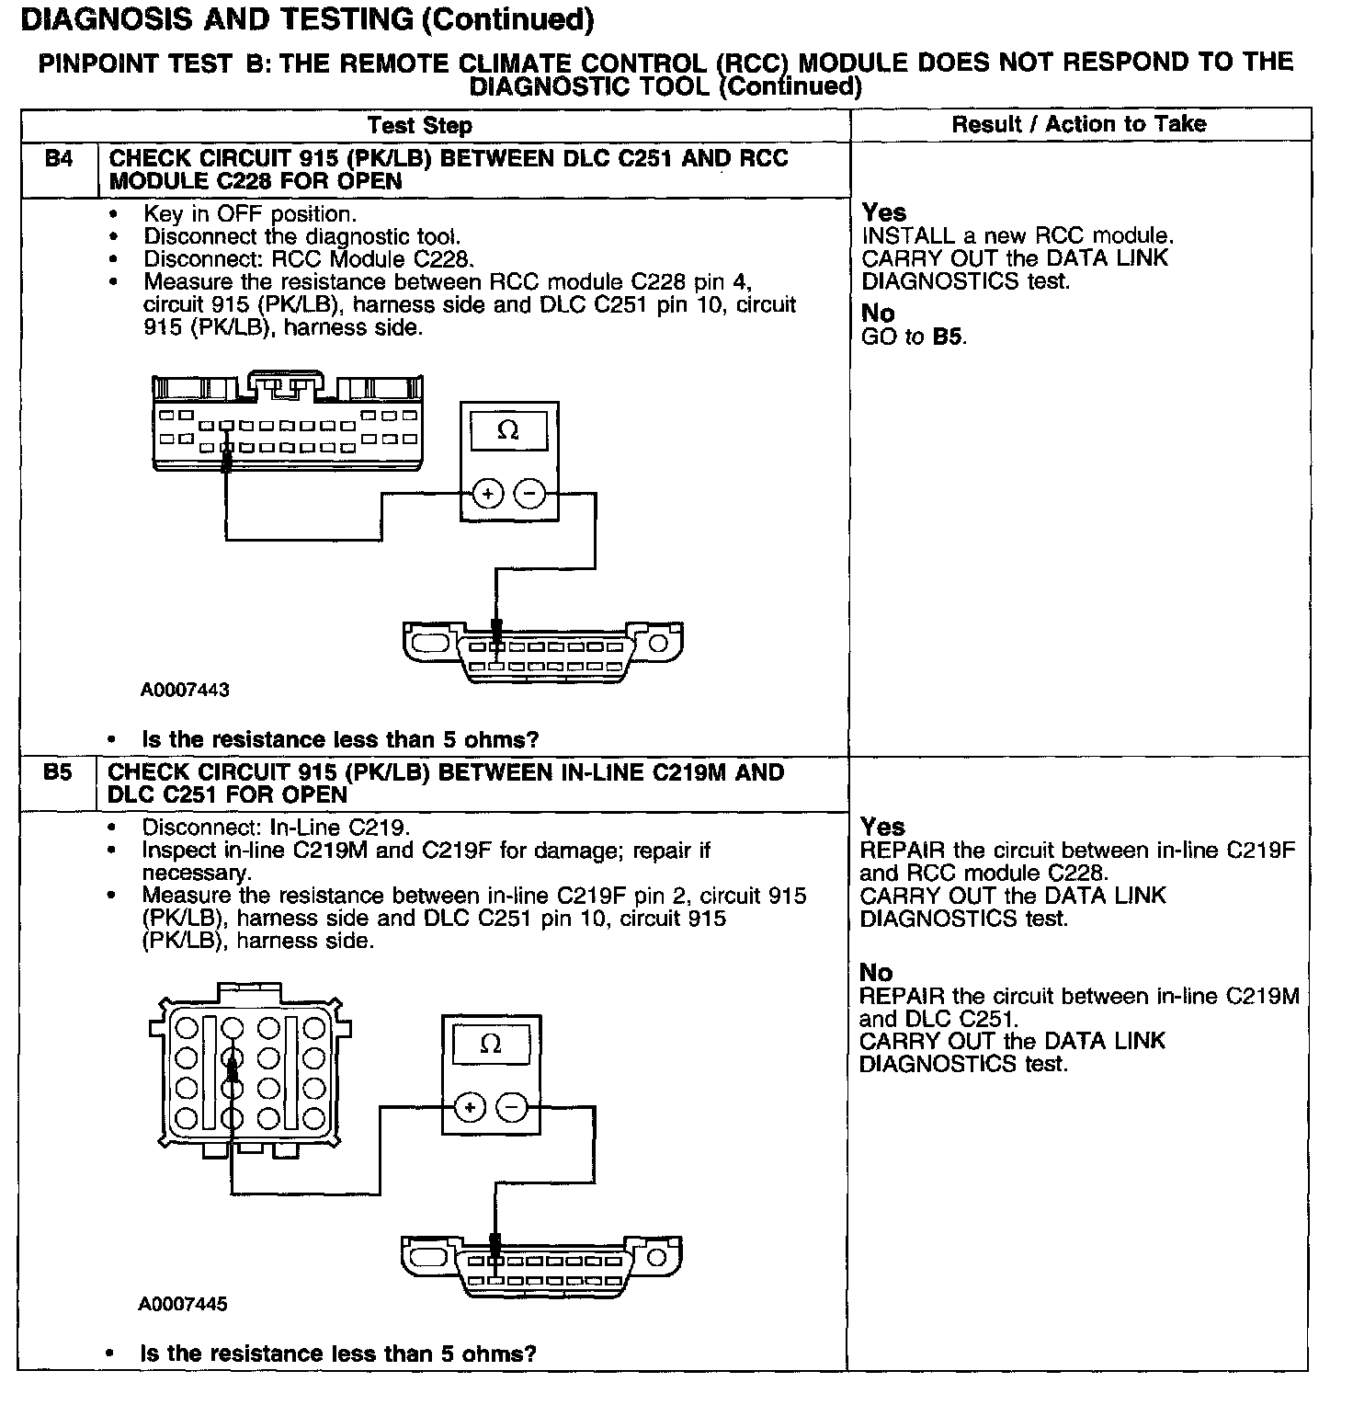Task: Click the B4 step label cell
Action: click(58, 159)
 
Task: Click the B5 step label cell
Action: click(57, 772)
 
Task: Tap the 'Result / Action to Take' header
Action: click(1078, 124)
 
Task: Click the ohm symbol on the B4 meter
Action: click(507, 430)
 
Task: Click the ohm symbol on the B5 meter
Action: click(491, 1044)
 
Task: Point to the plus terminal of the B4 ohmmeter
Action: click(487, 495)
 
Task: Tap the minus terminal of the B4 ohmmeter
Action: click(529, 495)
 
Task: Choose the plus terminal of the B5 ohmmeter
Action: click(470, 1107)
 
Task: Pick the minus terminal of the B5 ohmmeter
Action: click(512, 1107)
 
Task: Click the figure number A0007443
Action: click(185, 690)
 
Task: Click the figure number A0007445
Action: click(183, 1304)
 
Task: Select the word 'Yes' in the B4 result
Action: click(883, 213)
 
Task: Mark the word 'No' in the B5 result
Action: click(876, 973)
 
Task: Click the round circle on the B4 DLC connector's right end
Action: click(659, 643)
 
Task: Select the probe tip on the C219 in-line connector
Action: click(232, 1067)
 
